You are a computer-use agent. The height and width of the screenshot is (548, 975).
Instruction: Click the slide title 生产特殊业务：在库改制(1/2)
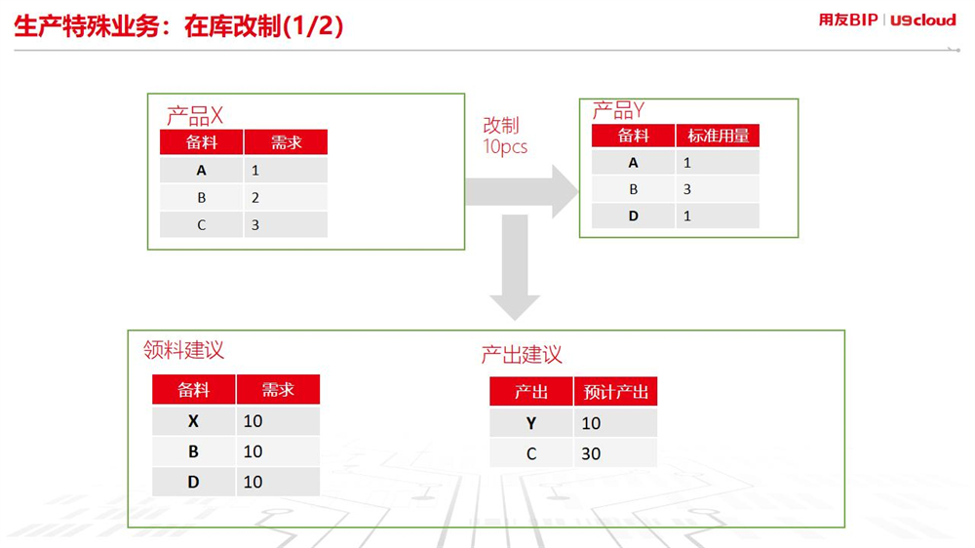(x=178, y=26)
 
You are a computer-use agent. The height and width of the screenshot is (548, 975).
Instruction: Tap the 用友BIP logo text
(x=848, y=20)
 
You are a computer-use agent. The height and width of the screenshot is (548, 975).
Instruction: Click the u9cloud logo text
(x=922, y=20)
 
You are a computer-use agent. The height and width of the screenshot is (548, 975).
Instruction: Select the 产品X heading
(x=195, y=116)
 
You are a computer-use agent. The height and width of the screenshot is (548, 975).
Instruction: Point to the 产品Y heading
(x=618, y=111)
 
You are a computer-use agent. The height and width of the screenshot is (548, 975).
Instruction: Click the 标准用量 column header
(x=719, y=136)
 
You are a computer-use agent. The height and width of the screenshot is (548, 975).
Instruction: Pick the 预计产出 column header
(x=615, y=392)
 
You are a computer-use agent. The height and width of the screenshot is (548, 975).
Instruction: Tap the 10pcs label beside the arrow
(x=505, y=147)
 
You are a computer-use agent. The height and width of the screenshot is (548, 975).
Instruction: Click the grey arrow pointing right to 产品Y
(x=521, y=191)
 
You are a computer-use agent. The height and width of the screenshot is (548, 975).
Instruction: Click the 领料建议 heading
(x=183, y=350)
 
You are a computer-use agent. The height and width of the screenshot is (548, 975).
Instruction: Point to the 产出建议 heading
(x=522, y=355)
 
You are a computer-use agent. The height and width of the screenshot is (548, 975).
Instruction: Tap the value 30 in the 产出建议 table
(x=591, y=453)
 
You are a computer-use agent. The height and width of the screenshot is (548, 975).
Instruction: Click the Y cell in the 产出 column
(x=531, y=423)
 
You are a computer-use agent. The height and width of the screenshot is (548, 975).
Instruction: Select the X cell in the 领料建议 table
(x=193, y=421)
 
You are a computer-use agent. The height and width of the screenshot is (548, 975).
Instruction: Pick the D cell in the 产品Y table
(x=633, y=215)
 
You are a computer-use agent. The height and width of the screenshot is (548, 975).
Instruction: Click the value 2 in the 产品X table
(x=254, y=198)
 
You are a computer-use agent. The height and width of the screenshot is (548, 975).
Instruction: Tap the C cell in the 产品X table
(x=202, y=225)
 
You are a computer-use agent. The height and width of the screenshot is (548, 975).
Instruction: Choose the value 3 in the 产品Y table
(x=687, y=189)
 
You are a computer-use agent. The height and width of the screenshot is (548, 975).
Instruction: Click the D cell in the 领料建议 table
(x=193, y=482)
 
